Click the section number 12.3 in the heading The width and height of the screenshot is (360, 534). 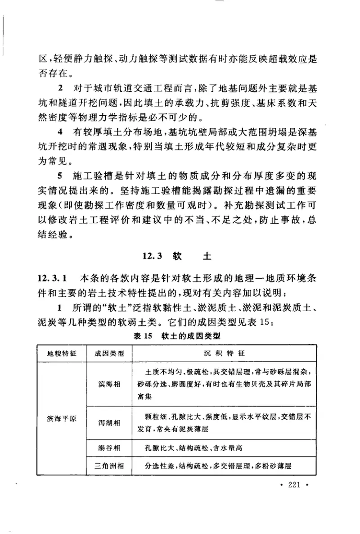click(154, 257)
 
